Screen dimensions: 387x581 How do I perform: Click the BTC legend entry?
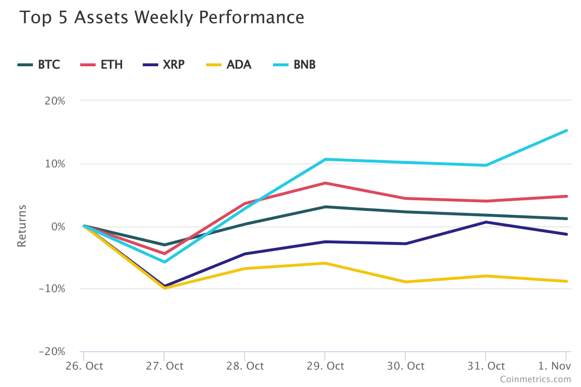click(49, 65)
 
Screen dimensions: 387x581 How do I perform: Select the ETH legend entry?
click(111, 65)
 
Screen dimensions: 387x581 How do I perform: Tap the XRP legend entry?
click(173, 65)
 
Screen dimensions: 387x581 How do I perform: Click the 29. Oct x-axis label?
click(324, 366)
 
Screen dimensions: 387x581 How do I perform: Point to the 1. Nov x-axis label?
click(555, 366)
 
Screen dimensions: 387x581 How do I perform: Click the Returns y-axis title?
click(22, 226)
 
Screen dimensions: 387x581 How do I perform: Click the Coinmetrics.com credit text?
click(535, 379)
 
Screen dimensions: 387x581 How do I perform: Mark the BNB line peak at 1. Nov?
click(566, 131)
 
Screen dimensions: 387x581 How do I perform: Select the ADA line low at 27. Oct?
click(164, 288)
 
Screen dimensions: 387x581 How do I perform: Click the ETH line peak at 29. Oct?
click(325, 183)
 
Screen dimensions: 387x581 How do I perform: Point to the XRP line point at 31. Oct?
click(486, 222)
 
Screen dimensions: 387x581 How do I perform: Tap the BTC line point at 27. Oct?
click(164, 245)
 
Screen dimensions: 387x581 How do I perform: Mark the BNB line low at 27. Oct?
click(164, 262)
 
